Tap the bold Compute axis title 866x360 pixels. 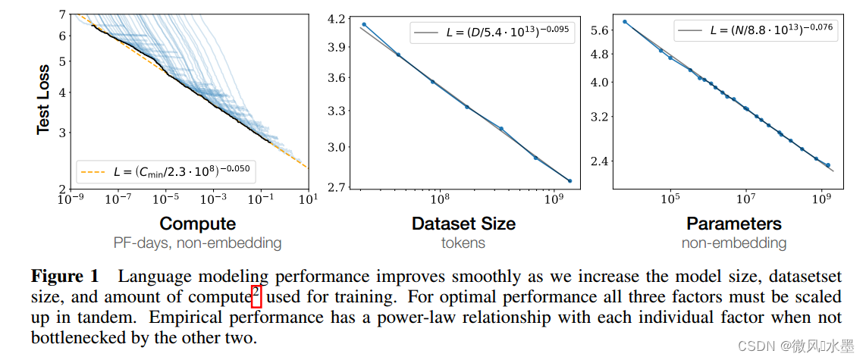[197, 224]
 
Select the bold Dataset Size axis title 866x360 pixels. [463, 224]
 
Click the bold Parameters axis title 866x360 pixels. [733, 224]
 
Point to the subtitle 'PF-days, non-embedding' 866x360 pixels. [197, 243]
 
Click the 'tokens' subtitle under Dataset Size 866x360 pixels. [463, 243]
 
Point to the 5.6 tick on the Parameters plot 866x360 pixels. [600, 30]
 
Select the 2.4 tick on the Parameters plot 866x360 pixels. [600, 161]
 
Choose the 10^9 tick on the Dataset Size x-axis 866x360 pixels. [555, 200]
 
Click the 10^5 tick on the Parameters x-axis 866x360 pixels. [669, 200]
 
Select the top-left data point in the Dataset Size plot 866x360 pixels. [364, 24]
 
